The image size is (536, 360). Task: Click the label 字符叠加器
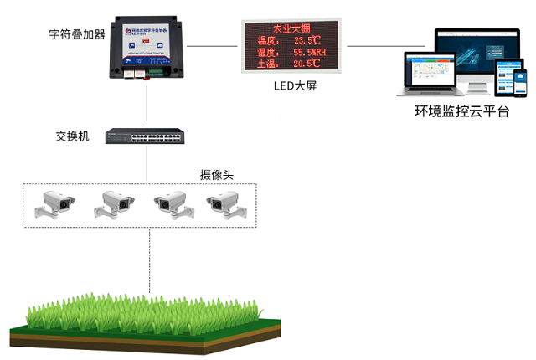point(75,35)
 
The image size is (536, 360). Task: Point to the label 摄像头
point(216,176)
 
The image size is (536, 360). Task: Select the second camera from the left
point(114,204)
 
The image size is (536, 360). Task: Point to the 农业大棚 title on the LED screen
point(291,28)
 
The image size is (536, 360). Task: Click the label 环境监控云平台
point(461,111)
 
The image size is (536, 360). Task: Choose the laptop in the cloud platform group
point(430,74)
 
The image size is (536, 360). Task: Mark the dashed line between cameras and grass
point(150,260)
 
